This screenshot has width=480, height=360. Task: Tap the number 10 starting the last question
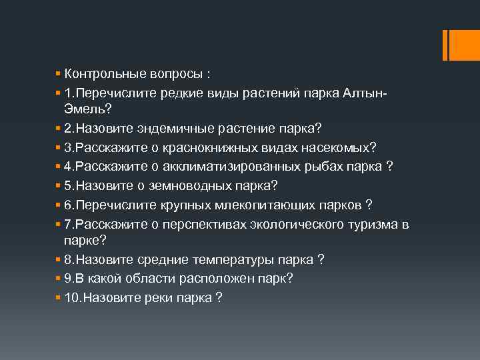click(72, 297)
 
